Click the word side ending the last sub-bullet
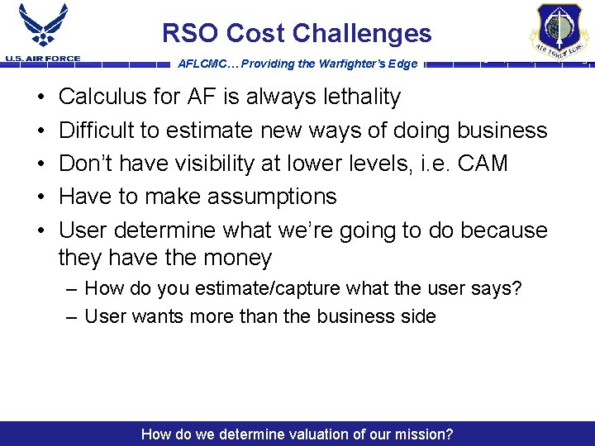coord(416,316)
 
